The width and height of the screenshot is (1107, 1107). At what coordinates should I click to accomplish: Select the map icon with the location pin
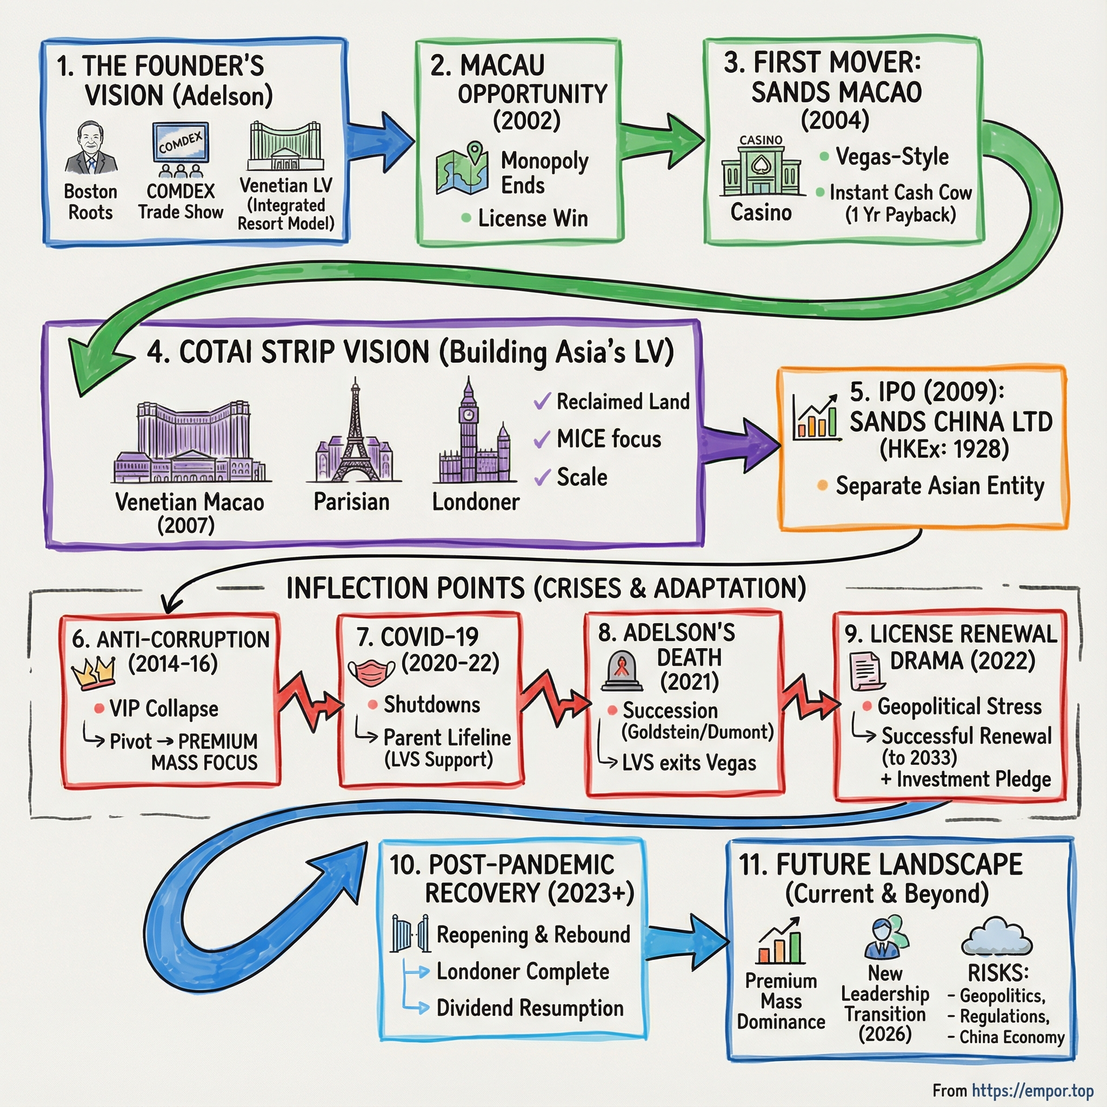pyautogui.click(x=462, y=169)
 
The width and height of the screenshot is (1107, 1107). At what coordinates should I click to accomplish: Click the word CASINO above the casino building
pyautogui.click(x=761, y=140)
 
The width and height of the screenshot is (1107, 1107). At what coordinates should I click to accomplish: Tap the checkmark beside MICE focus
pyautogui.click(x=542, y=439)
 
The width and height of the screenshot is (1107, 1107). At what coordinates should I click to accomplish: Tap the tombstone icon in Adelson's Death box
pyautogui.click(x=622, y=670)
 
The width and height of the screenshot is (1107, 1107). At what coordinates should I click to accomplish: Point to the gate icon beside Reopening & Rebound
pyautogui.click(x=410, y=933)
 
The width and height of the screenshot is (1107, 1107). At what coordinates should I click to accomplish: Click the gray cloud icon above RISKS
pyautogui.click(x=997, y=936)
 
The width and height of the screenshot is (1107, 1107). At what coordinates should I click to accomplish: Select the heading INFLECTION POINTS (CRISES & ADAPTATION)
pyautogui.click(x=545, y=589)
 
